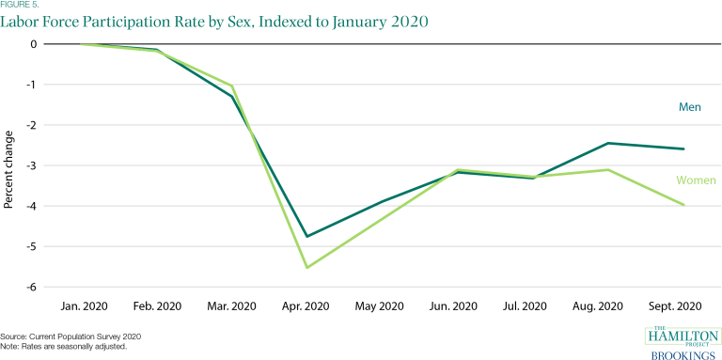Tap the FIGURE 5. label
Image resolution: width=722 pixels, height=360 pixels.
(21, 5)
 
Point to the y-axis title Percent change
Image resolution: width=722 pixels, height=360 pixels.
(8, 165)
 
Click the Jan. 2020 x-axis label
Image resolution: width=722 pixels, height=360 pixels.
(84, 306)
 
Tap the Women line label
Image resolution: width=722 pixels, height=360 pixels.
(696, 180)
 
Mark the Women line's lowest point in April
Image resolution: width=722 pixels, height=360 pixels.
(305, 268)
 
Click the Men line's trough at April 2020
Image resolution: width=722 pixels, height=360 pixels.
(305, 236)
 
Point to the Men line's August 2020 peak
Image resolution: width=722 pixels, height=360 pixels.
(608, 143)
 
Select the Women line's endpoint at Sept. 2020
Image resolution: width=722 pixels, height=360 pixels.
(684, 205)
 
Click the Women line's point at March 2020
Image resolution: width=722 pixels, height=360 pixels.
(231, 86)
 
